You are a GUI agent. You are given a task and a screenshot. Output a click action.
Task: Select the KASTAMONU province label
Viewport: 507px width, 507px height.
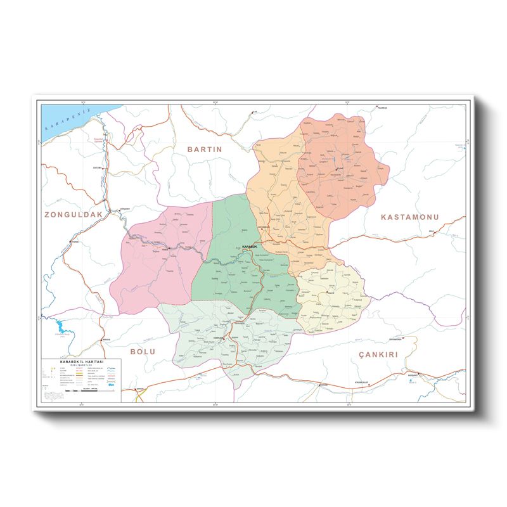coord(409,217)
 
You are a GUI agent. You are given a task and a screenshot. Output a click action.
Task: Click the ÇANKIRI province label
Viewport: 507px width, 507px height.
coord(377,356)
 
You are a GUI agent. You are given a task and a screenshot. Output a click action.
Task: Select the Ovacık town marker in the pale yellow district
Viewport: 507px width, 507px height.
coord(327,292)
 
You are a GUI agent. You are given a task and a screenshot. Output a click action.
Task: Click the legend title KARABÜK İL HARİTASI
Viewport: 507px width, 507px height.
coord(81,362)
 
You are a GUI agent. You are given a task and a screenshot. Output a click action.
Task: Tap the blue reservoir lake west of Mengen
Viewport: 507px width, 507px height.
coord(60,328)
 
